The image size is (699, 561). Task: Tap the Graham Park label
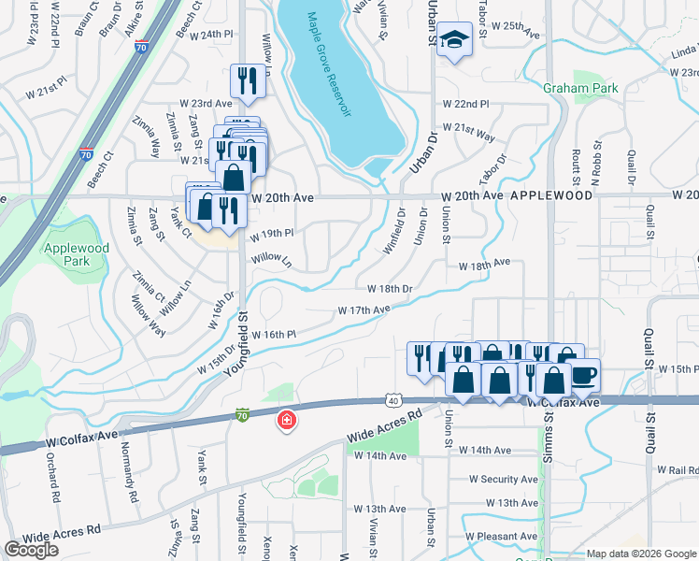click(x=578, y=88)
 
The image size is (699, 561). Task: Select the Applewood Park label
click(x=76, y=256)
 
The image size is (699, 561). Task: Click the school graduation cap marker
click(x=454, y=40)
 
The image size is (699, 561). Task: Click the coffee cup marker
click(x=583, y=375)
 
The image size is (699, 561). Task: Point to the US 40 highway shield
click(x=393, y=401)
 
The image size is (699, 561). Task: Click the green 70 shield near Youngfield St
click(x=243, y=415)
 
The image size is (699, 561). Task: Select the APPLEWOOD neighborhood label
click(x=551, y=196)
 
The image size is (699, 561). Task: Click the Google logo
click(x=31, y=550)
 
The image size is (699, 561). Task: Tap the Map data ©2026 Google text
click(x=641, y=554)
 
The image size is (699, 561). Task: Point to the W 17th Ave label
click(x=364, y=309)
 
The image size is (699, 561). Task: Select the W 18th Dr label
click(x=390, y=289)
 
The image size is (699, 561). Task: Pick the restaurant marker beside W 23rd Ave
click(x=248, y=80)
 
